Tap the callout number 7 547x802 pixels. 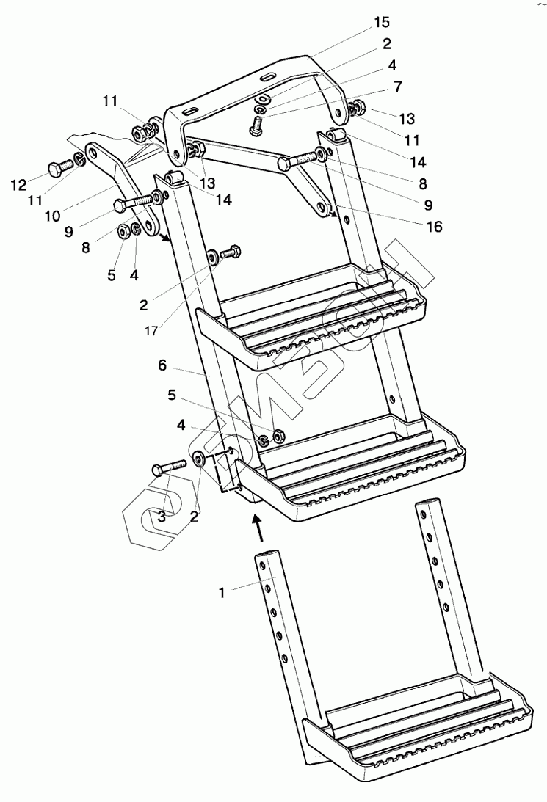tap(397, 87)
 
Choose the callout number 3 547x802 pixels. tap(162, 517)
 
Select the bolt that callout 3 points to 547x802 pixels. tap(167, 467)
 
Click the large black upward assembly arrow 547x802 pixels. tap(256, 526)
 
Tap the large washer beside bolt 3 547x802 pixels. tap(200, 460)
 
